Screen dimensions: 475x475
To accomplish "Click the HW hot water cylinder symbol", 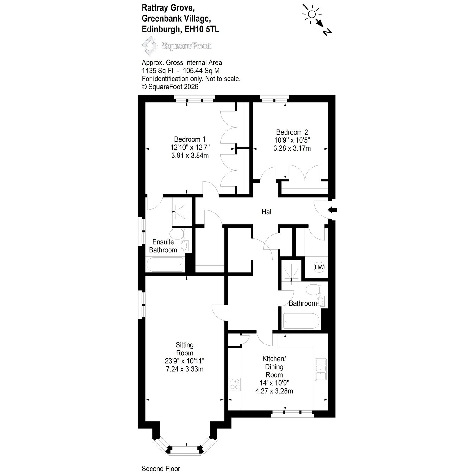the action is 319,267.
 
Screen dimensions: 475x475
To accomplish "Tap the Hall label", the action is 267,212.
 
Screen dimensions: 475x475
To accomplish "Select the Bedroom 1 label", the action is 190,139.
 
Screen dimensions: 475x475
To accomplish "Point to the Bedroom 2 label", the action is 292,132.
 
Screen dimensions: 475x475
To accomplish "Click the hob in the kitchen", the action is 235,384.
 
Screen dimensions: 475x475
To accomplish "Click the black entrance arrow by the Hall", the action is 332,210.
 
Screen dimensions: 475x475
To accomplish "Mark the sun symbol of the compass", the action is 311,14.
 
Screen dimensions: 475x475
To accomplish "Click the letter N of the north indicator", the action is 327,32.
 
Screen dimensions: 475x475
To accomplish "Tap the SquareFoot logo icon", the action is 150,46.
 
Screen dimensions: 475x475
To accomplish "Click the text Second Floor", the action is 161,469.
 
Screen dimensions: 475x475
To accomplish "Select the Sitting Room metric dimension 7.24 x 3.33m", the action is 185,369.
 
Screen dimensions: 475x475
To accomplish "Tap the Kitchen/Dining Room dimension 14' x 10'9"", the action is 274,383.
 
